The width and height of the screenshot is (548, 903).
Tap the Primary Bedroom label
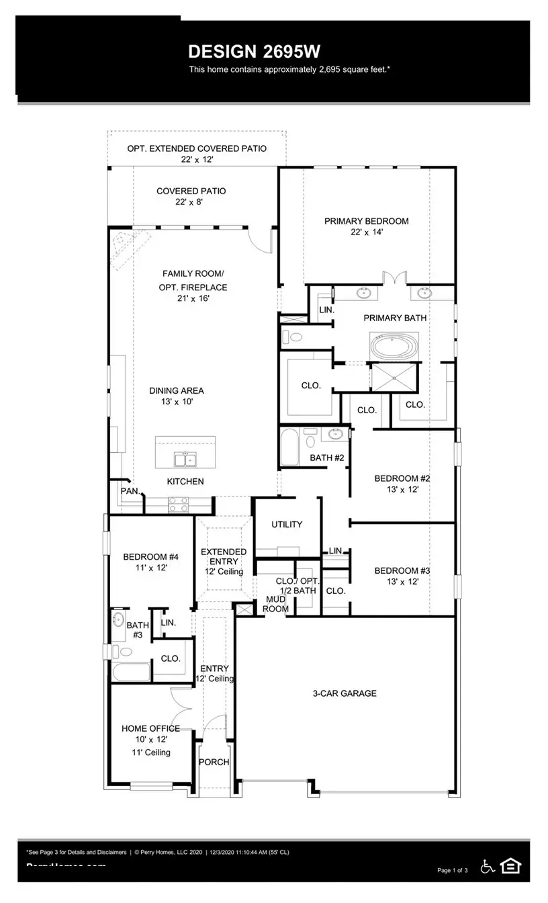pyautogui.click(x=366, y=221)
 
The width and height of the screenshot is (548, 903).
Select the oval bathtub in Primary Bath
pyautogui.click(x=395, y=347)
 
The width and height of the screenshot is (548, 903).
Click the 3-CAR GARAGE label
pyautogui.click(x=345, y=693)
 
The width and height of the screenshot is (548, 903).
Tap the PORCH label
pyautogui.click(x=214, y=762)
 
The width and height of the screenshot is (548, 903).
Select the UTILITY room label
pyautogui.click(x=287, y=524)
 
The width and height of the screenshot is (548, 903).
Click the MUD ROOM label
pyautogui.click(x=277, y=604)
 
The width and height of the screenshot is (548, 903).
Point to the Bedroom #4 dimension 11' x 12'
pyautogui.click(x=150, y=568)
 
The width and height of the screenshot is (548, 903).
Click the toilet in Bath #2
pyautogui.click(x=310, y=440)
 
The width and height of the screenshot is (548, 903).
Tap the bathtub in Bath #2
pyautogui.click(x=289, y=447)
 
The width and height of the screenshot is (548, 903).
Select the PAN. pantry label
pyautogui.click(x=130, y=491)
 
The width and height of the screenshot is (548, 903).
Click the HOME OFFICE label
pyautogui.click(x=150, y=728)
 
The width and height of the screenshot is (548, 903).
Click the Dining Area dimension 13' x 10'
pyautogui.click(x=176, y=402)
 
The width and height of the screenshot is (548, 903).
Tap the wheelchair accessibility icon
pyautogui.click(x=487, y=867)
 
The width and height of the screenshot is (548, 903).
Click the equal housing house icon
pyautogui.click(x=510, y=867)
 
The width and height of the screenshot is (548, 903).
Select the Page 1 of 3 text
pyautogui.click(x=452, y=871)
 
